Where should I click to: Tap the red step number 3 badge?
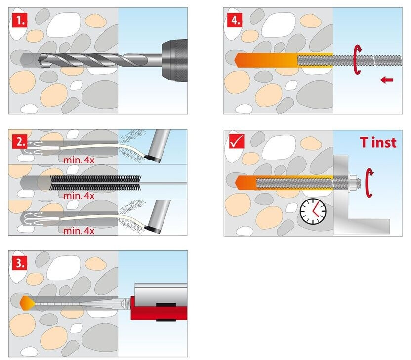click(x=19, y=262)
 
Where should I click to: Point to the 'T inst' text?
click(x=377, y=143)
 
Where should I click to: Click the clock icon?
click(x=313, y=212)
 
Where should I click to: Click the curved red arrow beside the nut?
click(x=368, y=182)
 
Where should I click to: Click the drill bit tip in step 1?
click(x=41, y=60)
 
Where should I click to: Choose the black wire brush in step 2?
click(x=94, y=183)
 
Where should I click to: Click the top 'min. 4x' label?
click(x=79, y=160)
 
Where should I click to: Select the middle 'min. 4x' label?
click(x=79, y=195)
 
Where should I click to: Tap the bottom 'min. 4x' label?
click(x=79, y=230)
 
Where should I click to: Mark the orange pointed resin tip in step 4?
click(x=240, y=60)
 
